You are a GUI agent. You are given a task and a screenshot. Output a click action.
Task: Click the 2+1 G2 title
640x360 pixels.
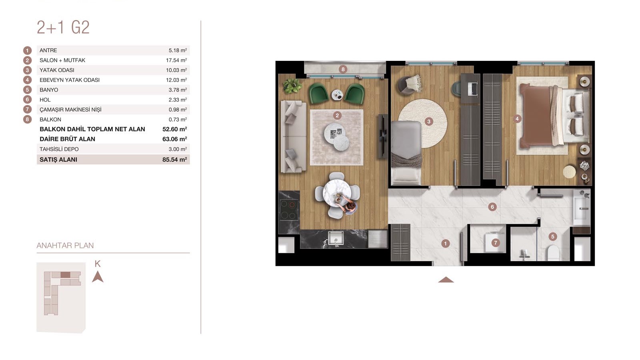63,28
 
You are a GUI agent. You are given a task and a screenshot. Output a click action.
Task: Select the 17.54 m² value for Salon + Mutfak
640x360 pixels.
176,60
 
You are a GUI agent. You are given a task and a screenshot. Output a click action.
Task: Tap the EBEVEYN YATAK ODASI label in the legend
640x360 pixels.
70,80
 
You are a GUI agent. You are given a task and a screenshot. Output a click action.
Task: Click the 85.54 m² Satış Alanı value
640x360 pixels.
174,160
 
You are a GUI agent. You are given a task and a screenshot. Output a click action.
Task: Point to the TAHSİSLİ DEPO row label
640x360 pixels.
59,149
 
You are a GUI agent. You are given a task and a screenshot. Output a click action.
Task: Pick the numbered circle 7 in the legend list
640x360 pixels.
27,110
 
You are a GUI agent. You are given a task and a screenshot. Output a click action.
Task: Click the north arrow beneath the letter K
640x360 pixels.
98,276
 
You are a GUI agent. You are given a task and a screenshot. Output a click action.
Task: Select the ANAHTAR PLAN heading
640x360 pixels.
65,246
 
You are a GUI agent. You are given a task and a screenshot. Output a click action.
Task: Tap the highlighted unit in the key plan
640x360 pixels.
66,274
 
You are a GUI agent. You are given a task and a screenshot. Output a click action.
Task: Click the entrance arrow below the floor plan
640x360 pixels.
446,280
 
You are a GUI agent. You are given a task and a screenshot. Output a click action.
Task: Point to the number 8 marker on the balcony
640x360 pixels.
343,69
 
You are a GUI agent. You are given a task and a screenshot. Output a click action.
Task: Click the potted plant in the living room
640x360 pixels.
292,86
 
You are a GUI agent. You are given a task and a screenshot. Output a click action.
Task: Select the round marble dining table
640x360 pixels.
337,193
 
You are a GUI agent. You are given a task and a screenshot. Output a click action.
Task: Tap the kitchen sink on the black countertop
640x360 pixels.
336,238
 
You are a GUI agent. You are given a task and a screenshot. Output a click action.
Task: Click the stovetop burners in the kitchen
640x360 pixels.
289,210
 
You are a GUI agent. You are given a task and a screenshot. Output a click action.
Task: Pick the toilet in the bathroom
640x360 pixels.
553,253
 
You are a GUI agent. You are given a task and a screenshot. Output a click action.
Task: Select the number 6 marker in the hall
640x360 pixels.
492,206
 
